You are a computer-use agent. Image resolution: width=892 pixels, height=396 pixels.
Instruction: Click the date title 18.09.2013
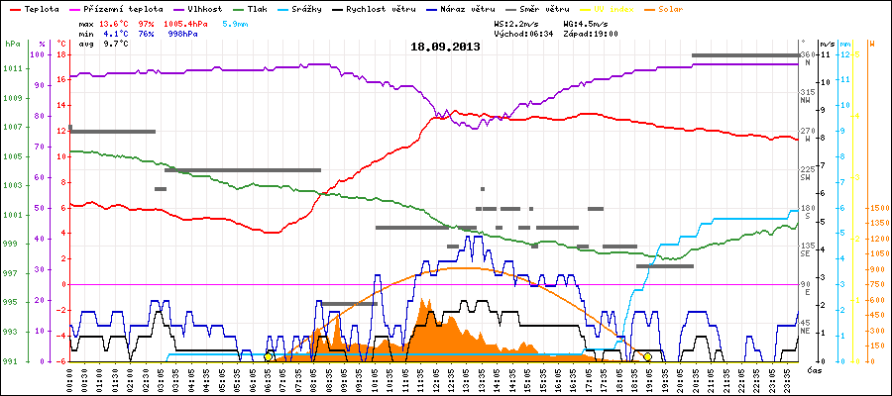tap(445, 47)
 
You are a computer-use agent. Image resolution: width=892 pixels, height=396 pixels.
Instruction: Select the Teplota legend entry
tap(33, 8)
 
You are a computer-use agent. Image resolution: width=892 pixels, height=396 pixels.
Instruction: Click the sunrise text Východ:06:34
tap(523, 33)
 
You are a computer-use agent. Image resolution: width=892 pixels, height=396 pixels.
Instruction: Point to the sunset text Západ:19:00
tap(590, 33)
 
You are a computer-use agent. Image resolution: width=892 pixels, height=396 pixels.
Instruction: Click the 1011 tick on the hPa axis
tap(12, 69)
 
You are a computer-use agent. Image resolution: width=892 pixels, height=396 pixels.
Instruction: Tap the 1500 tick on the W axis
tap(877, 208)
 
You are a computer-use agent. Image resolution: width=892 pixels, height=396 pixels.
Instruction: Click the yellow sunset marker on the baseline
tap(647, 356)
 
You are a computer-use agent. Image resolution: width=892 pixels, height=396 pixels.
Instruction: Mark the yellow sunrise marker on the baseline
tap(269, 356)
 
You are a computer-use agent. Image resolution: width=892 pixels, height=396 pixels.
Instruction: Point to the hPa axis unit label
tap(12, 44)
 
